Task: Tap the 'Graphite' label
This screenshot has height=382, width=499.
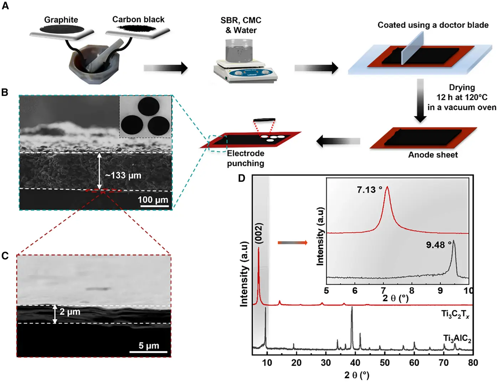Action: [61, 20]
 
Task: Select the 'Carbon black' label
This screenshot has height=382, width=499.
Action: [138, 20]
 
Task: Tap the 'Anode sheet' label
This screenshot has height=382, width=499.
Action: [433, 155]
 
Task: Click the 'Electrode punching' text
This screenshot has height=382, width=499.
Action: [246, 158]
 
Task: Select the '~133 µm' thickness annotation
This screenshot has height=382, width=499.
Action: [123, 175]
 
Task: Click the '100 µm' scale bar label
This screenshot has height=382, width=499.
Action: [153, 200]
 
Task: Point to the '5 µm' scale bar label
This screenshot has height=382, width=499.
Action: [149, 346]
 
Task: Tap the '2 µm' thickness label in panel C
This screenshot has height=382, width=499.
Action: [70, 312]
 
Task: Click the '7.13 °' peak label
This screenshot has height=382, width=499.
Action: [369, 190]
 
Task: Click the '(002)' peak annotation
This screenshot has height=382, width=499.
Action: [259, 233]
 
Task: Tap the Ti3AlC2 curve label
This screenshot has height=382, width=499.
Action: [457, 338]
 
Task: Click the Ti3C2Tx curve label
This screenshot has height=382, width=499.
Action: [455, 314]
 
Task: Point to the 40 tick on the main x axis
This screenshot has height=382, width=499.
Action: [355, 363]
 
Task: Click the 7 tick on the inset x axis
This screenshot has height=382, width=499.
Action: [384, 291]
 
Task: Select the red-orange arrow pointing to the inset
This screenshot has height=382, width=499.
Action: [292, 243]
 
